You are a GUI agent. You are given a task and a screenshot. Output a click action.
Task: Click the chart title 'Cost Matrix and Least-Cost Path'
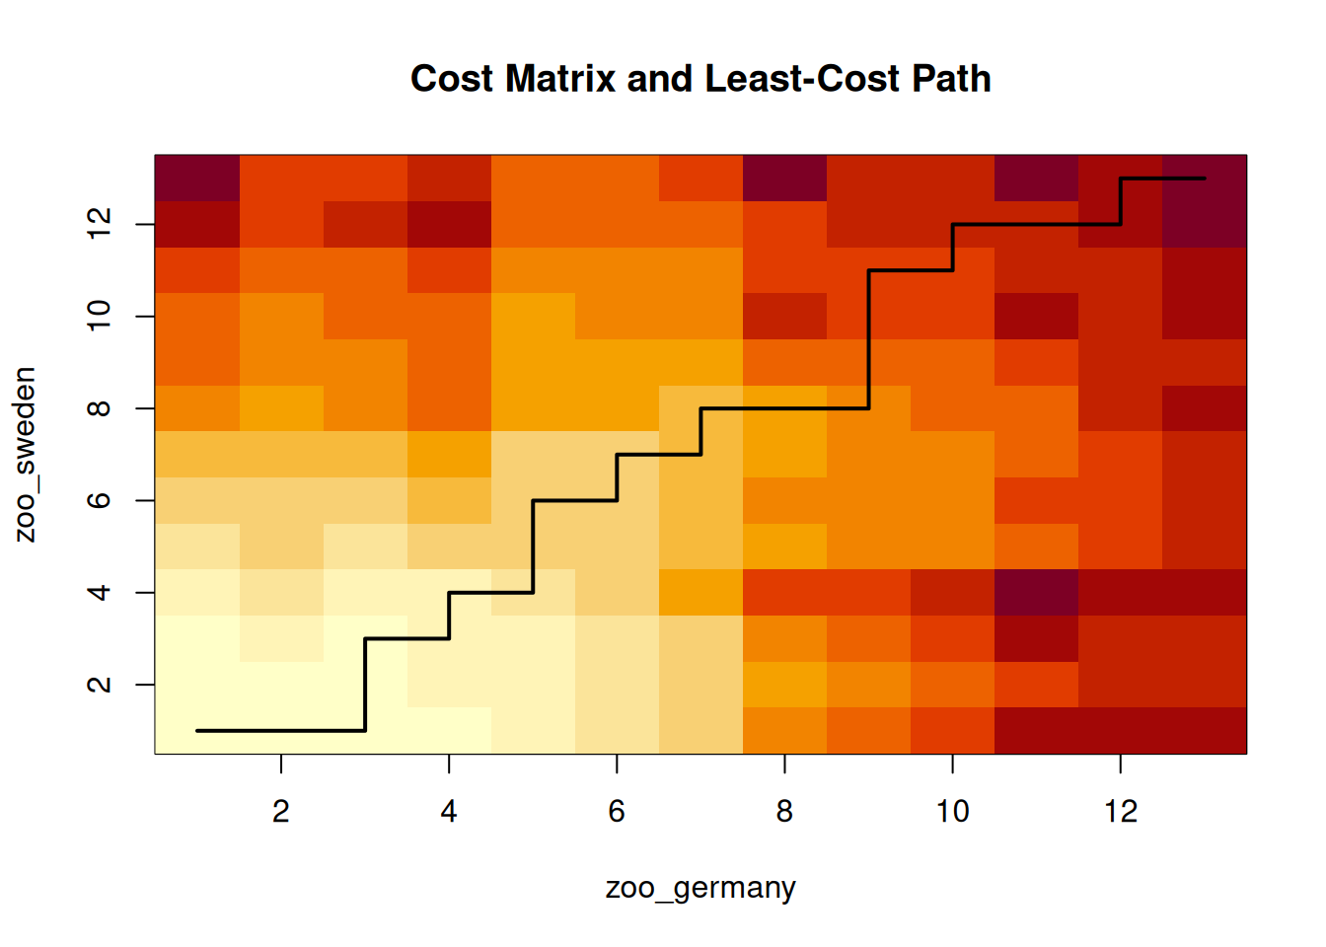point(700,79)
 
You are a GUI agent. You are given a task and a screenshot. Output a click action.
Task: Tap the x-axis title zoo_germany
point(700,888)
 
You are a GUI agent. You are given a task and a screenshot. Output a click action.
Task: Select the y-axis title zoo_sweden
point(26,455)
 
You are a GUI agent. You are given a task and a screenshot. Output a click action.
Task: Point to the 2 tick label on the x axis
point(281,811)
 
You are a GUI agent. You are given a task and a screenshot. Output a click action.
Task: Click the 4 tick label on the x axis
point(449,811)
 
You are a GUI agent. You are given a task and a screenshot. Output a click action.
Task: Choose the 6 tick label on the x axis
point(617,811)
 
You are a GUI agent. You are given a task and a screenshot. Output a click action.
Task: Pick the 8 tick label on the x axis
point(784,811)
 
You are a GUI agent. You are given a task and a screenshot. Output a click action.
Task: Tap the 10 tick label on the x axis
point(952,811)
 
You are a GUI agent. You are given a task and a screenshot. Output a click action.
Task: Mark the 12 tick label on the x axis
point(1121,811)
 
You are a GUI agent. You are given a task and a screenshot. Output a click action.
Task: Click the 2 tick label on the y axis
point(99,685)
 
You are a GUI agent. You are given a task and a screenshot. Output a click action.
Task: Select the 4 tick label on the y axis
point(99,593)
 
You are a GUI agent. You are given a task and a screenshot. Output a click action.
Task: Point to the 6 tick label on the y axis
point(99,500)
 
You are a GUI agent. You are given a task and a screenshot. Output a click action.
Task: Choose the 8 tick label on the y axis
point(99,408)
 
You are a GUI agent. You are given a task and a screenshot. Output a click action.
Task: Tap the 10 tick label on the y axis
point(99,316)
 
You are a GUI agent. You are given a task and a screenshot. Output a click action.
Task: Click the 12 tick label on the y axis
point(99,224)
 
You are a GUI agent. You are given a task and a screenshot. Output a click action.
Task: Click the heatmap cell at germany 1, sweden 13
point(197,179)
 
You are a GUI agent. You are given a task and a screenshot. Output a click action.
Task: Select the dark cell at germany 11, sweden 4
point(1036,593)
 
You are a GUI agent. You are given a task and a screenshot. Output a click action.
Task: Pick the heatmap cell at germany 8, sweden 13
point(784,179)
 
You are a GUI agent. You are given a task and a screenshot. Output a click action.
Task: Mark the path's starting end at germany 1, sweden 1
point(198,731)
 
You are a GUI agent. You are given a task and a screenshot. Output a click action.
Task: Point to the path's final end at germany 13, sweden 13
point(1204,179)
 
